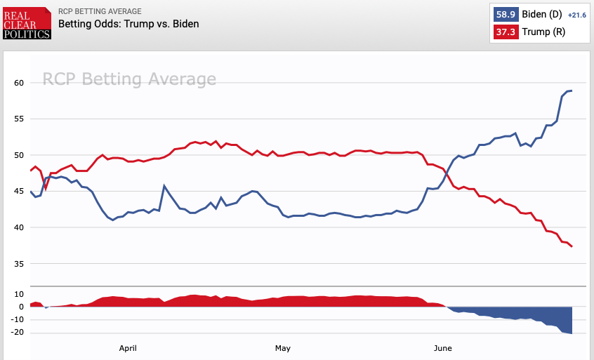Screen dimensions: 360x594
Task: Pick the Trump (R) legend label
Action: [541, 32]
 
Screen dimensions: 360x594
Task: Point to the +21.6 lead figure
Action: [576, 15]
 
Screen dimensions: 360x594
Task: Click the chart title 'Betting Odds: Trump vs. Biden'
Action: [128, 24]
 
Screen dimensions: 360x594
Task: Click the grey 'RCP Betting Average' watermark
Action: [129, 79]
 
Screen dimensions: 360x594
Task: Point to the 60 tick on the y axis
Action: [18, 83]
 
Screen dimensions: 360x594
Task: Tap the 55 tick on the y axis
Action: [18, 119]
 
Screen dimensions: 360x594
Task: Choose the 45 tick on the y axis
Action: [18, 192]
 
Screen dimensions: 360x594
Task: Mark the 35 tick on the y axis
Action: [18, 264]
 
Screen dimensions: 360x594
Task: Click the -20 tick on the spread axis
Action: [17, 332]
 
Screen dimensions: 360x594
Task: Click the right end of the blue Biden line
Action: [572, 91]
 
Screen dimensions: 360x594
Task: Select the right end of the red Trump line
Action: [572, 246]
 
